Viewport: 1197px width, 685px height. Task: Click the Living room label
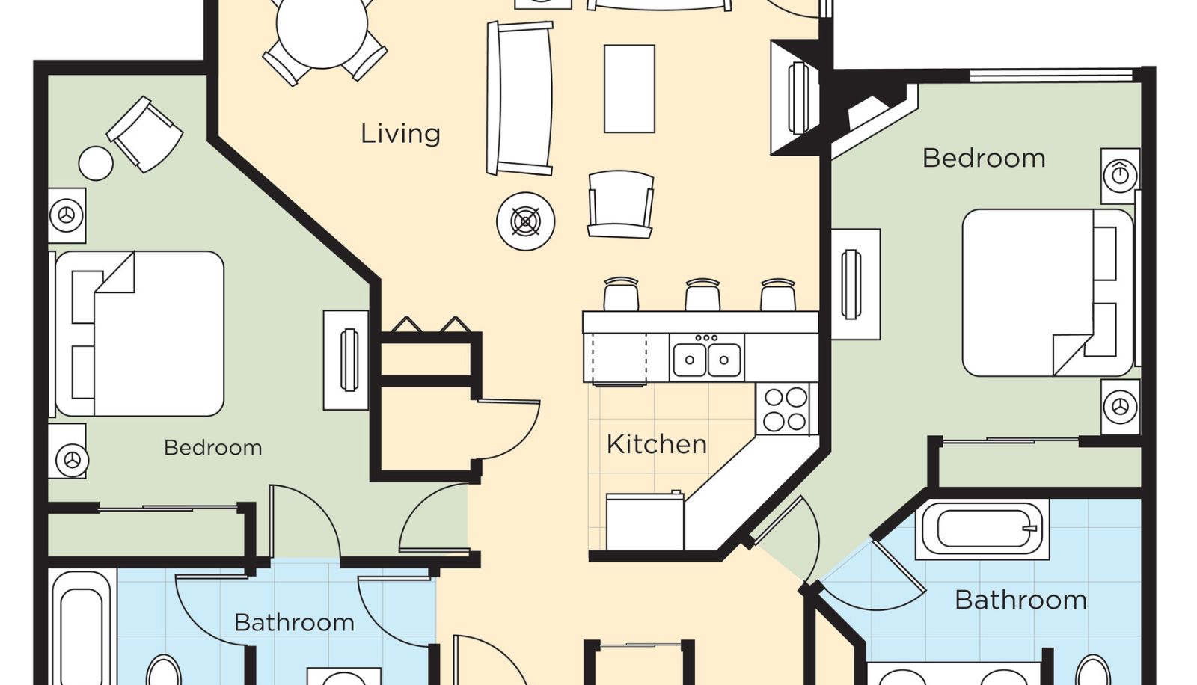pos(400,134)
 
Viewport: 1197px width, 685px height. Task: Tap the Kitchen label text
pos(657,444)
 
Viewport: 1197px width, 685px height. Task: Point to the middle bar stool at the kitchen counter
pos(702,295)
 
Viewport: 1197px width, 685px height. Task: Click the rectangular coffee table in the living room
pos(629,89)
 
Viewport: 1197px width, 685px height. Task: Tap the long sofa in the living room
pos(519,98)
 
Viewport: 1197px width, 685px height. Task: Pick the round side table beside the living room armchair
pos(526,221)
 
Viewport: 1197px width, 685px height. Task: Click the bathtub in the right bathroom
pos(982,529)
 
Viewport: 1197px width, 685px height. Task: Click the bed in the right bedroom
pos(1047,293)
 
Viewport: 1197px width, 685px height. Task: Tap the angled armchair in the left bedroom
pos(145,134)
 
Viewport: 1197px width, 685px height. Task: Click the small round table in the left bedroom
pos(96,163)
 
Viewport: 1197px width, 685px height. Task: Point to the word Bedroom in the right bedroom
pos(984,158)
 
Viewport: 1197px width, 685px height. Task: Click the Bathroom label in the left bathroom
pos(295,622)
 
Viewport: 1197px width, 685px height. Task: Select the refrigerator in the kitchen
pos(645,521)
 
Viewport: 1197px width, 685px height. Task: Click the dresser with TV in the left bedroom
pos(346,360)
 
